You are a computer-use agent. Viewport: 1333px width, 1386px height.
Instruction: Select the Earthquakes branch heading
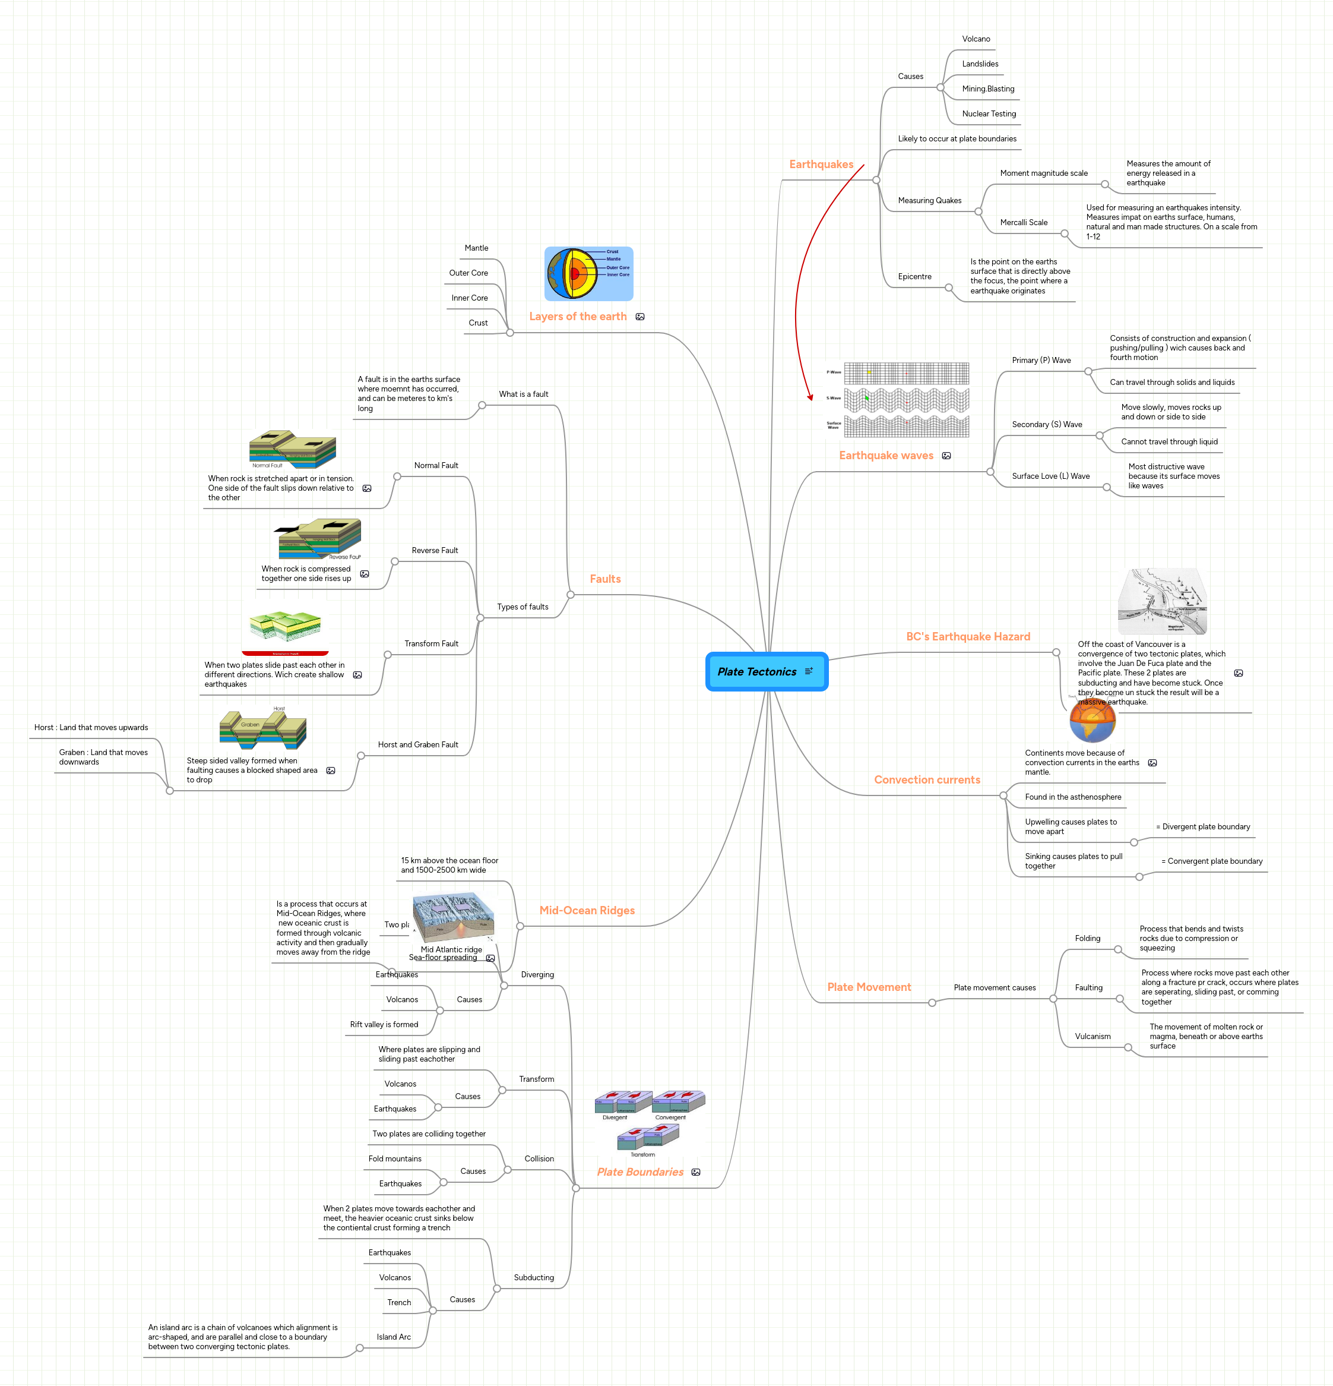point(821,164)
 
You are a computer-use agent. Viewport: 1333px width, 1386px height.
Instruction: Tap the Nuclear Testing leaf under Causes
point(988,114)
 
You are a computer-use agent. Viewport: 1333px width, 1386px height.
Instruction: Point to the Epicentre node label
point(914,276)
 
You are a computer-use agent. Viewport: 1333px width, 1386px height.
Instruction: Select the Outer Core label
point(468,273)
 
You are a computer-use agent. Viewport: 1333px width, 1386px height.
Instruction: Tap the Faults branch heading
point(605,579)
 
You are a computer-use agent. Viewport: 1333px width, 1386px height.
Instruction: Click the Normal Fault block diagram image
point(292,450)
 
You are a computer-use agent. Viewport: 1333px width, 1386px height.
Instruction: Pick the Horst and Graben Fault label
point(417,744)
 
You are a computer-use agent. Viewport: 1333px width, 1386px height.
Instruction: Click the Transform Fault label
point(430,643)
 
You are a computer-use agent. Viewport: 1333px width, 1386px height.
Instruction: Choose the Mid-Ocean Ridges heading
point(587,910)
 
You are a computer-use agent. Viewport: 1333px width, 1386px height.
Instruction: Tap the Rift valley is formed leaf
point(384,1024)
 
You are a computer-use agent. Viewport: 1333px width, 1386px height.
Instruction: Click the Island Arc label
point(393,1337)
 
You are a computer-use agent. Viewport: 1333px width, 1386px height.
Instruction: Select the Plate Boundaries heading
point(639,1172)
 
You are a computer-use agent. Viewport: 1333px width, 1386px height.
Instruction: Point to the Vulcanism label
point(1092,1036)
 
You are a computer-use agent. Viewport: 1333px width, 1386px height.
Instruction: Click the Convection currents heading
point(927,779)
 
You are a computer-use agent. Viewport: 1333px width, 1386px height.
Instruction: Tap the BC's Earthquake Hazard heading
point(968,636)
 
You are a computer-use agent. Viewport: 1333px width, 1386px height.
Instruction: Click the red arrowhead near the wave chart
point(810,397)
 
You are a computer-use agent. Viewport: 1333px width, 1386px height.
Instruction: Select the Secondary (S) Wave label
point(1046,424)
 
